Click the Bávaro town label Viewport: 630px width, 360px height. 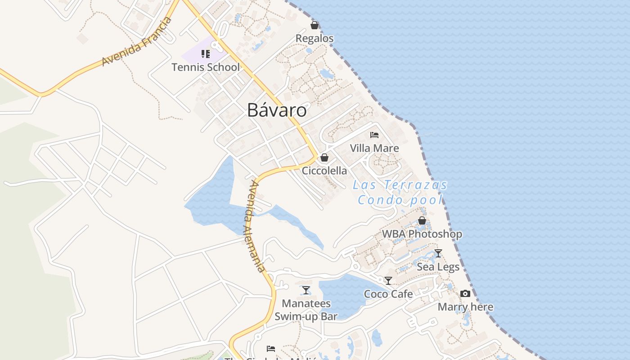(x=277, y=110)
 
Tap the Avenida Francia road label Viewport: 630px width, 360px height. (x=137, y=41)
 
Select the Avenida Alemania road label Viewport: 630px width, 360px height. (x=254, y=226)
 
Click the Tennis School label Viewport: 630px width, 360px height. (x=206, y=67)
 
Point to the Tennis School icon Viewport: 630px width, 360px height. (x=206, y=54)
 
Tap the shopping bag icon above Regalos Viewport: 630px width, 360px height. (x=315, y=25)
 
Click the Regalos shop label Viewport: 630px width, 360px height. (x=315, y=38)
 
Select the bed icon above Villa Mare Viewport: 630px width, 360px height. (x=374, y=135)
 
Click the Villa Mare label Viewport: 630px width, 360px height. (x=374, y=148)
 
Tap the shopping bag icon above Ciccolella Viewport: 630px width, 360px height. (x=324, y=157)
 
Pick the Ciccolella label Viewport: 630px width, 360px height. (x=324, y=171)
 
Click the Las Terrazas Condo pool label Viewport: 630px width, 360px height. (x=400, y=192)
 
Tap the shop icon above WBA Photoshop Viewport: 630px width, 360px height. (x=422, y=220)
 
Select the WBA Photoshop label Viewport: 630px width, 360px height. (x=422, y=234)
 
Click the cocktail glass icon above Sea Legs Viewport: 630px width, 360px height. (x=438, y=253)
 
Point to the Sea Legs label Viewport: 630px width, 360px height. (x=438, y=267)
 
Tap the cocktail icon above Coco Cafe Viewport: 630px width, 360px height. (x=388, y=281)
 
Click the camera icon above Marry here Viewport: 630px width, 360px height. (x=465, y=294)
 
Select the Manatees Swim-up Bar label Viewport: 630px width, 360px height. (x=306, y=310)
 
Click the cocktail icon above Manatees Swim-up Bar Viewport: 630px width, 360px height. (x=306, y=290)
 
